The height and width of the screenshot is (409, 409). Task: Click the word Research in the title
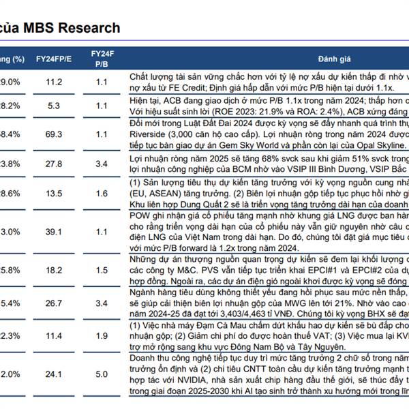click(89, 28)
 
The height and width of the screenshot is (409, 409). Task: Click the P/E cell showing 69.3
click(54, 135)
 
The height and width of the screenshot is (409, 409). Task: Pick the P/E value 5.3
click(54, 106)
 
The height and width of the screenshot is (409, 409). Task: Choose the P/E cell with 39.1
click(54, 232)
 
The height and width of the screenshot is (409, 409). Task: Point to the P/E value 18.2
click(54, 271)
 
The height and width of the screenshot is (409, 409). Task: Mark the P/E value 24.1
click(54, 374)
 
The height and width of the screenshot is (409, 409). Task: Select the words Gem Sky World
click(262, 145)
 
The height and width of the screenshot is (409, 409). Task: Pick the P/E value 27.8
click(54, 164)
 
